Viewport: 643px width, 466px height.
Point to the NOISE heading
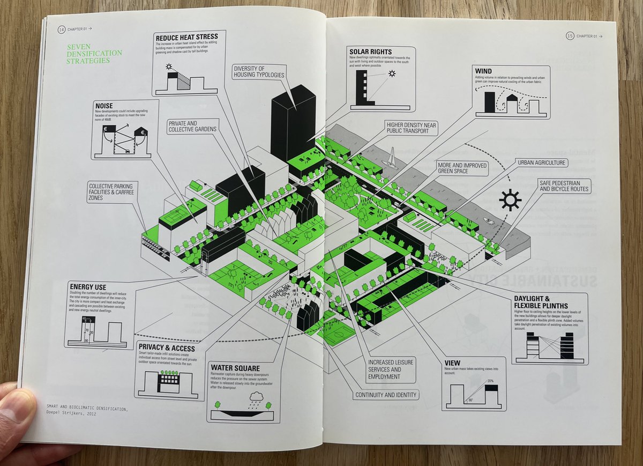tap(103, 106)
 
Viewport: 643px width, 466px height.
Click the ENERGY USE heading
tap(89, 286)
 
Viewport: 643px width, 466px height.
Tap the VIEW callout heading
tap(452, 363)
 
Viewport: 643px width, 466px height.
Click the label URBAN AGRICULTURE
tap(542, 162)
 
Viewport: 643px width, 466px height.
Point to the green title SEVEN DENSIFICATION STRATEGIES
tap(94, 54)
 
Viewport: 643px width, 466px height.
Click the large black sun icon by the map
tap(510, 200)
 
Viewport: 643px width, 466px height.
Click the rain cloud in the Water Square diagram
tap(257, 397)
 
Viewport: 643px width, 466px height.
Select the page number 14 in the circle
tap(61, 30)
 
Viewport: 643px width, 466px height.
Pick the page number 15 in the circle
tap(570, 36)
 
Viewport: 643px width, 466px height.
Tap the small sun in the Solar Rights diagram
tap(392, 73)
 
